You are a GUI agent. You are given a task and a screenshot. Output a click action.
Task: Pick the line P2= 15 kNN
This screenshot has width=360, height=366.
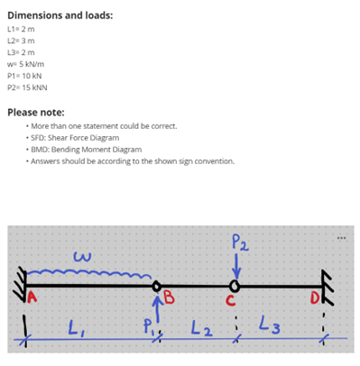pyautogui.click(x=26, y=90)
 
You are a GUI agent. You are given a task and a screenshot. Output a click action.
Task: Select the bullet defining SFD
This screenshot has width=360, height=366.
pyautogui.click(x=85, y=138)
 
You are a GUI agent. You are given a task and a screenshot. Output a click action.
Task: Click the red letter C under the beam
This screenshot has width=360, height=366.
pyautogui.click(x=231, y=301)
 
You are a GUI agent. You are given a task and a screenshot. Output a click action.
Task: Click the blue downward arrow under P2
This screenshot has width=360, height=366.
pyautogui.click(x=236, y=268)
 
